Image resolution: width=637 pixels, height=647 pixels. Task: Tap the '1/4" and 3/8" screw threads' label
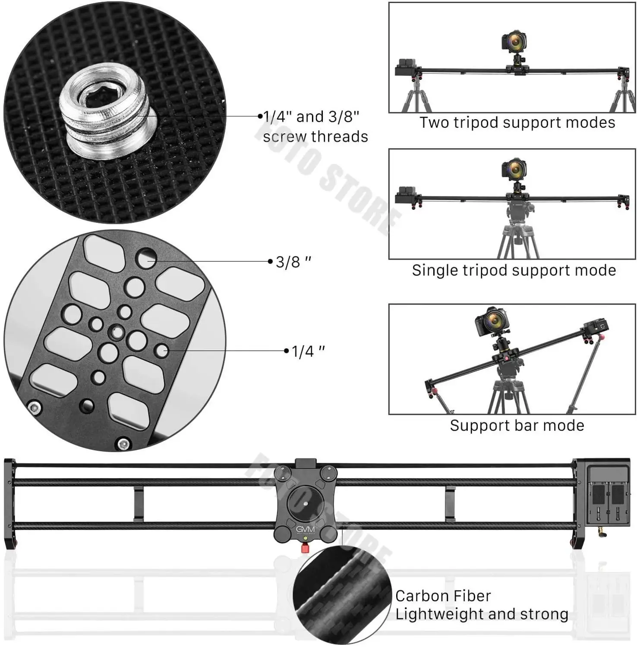coord(315,126)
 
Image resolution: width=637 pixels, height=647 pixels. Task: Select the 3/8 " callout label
coord(293,262)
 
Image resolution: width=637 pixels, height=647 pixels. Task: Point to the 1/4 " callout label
coord(308,351)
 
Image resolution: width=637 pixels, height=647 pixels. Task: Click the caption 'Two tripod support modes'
coord(517,122)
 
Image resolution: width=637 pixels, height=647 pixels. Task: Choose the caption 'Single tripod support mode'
coord(514,270)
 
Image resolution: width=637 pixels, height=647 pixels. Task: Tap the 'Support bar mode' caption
coord(517,426)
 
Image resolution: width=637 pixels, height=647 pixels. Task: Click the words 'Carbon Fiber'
coord(443,596)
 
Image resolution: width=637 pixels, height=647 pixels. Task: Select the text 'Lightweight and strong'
coord(481,614)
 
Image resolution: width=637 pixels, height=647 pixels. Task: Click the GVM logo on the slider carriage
coord(305,529)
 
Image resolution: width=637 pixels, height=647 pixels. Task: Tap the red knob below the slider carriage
coord(305,548)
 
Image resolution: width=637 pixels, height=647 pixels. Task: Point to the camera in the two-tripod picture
coord(514,42)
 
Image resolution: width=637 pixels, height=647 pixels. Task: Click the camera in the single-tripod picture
coord(514,169)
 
